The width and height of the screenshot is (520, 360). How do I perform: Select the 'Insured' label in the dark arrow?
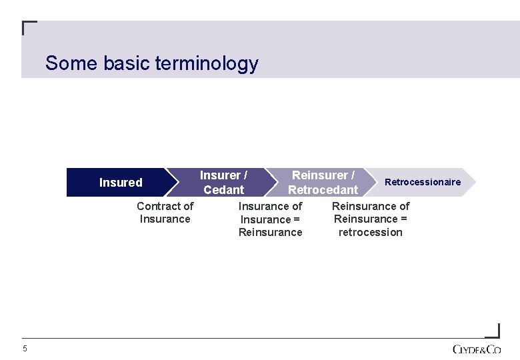[x=121, y=183]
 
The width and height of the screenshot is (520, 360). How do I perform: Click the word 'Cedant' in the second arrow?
[x=224, y=190]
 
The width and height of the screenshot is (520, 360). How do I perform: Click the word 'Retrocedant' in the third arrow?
[x=323, y=190]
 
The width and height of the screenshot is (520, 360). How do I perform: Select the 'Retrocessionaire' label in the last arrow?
[x=423, y=182]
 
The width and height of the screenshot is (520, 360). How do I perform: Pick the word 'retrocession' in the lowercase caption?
[x=371, y=232]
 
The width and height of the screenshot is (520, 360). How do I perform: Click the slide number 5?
[x=25, y=349]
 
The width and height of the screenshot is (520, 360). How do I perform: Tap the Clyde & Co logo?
[x=477, y=349]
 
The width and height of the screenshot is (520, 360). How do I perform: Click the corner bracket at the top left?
[x=28, y=27]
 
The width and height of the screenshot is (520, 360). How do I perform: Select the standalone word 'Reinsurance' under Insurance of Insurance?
[x=271, y=232]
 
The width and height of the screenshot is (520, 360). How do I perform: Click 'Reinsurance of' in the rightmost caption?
[x=371, y=207]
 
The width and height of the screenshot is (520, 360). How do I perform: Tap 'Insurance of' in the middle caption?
[x=271, y=207]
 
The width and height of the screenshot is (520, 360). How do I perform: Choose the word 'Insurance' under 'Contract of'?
[x=165, y=219]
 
